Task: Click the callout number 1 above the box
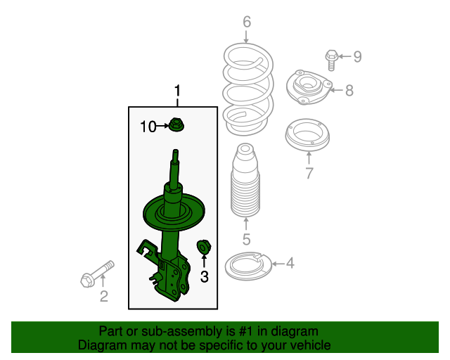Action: (178, 91)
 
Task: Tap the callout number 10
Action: (148, 127)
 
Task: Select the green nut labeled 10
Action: (176, 125)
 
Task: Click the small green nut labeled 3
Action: (204, 247)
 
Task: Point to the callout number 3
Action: (204, 277)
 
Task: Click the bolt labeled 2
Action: (97, 274)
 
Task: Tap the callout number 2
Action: (103, 296)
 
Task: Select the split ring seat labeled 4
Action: (248, 266)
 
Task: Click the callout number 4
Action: (290, 263)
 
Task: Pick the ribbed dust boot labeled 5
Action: (245, 180)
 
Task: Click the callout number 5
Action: (246, 239)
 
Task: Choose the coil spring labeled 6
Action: (248, 89)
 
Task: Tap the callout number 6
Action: (247, 22)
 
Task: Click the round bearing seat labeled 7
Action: (307, 135)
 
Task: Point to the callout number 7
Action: (309, 173)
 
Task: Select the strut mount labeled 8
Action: (309, 87)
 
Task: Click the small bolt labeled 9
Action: (331, 60)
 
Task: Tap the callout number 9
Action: (357, 56)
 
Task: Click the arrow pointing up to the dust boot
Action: (246, 224)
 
